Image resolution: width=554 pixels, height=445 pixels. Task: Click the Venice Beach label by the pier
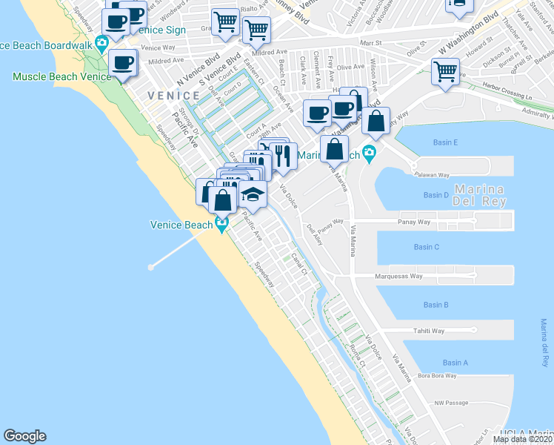click(181, 225)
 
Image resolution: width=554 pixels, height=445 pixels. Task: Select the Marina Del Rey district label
click(480, 194)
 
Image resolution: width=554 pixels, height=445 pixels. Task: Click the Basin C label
click(427, 247)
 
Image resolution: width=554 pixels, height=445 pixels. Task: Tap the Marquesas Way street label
click(398, 276)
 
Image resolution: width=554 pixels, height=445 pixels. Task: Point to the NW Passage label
click(452, 403)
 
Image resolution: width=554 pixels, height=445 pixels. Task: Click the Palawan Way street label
click(433, 176)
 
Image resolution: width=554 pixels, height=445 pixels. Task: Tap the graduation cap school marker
click(253, 195)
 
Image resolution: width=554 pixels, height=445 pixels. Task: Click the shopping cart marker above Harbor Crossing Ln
click(445, 73)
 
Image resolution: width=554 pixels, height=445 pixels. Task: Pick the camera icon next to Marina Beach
click(369, 154)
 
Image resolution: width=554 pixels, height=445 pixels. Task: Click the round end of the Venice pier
click(150, 267)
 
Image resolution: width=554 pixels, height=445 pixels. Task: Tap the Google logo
click(24, 436)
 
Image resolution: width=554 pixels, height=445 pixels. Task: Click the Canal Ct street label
click(298, 266)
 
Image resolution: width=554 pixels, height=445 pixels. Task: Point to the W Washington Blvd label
click(468, 32)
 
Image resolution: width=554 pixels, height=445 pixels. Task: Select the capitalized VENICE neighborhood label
click(173, 96)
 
